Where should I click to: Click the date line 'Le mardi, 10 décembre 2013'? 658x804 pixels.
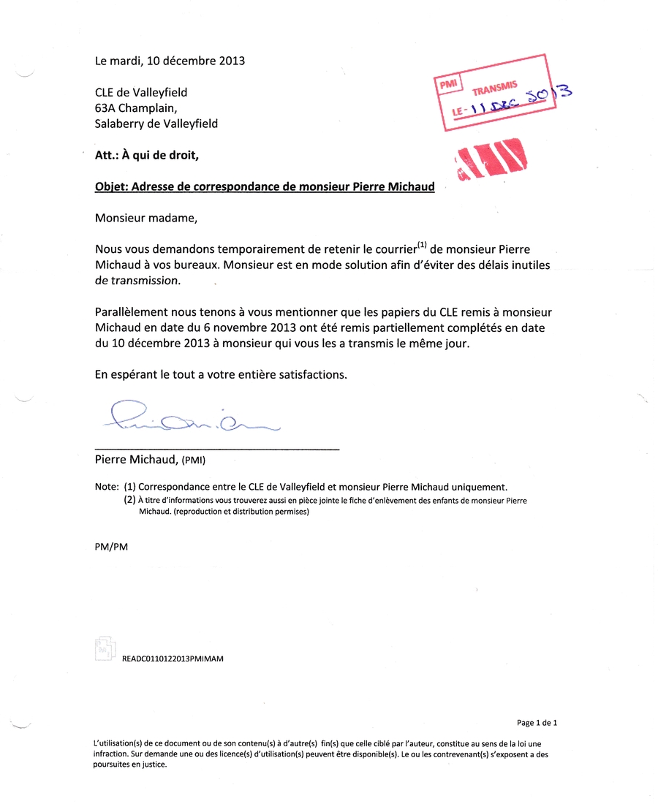point(170,61)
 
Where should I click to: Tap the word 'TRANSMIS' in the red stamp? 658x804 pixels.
point(495,88)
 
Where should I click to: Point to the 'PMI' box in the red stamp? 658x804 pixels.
point(447,84)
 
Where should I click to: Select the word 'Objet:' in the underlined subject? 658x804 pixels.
point(113,186)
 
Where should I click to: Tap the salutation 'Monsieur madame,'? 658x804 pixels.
point(146,217)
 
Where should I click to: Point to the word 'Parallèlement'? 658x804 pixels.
point(130,312)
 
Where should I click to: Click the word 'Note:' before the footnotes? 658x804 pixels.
point(107,486)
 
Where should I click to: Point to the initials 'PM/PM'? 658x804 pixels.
point(111,547)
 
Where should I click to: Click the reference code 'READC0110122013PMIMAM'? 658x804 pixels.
point(173,658)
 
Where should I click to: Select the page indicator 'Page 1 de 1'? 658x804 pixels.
point(537,723)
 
